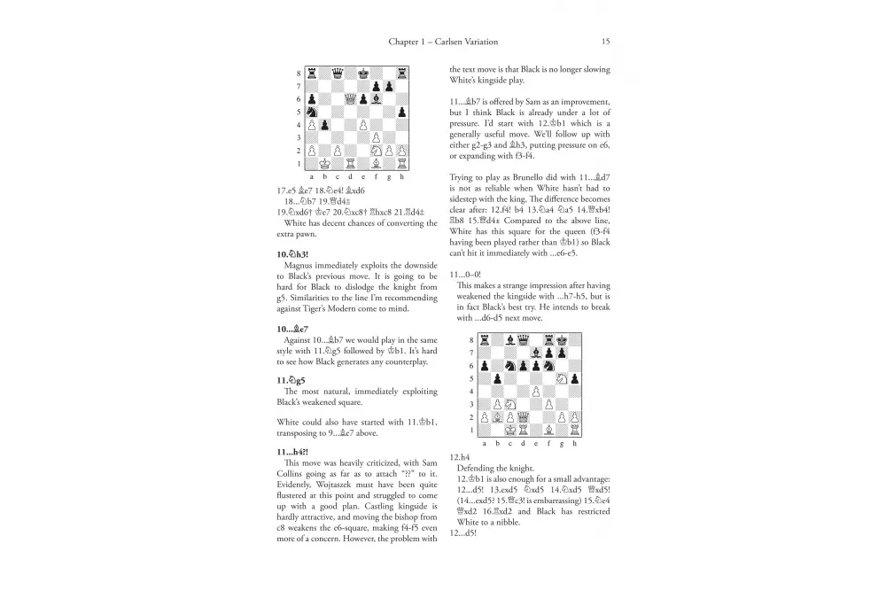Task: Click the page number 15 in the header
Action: point(605,42)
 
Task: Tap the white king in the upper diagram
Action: point(327,164)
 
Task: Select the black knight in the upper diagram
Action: point(314,112)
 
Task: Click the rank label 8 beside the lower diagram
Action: point(472,339)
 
